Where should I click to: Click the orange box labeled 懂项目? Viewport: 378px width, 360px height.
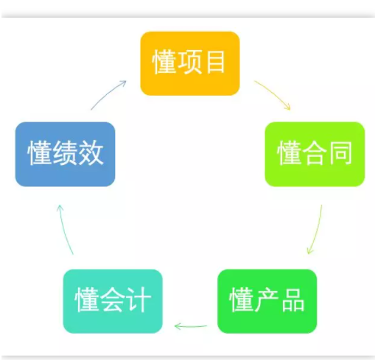pyautogui.click(x=190, y=63)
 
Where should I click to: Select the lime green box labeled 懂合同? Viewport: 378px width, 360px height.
pyautogui.click(x=315, y=154)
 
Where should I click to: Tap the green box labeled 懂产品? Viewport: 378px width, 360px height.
pyautogui.click(x=267, y=301)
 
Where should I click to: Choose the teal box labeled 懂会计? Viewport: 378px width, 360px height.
pyautogui.click(x=113, y=301)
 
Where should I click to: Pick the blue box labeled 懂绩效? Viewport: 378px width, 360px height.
pyautogui.click(x=65, y=154)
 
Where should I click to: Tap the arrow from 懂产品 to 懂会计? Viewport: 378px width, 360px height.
pyautogui.click(x=190, y=327)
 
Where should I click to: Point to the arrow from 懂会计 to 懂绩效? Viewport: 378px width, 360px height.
pyautogui.click(x=63, y=230)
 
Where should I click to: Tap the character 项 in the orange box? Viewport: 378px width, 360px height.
pyautogui.click(x=190, y=62)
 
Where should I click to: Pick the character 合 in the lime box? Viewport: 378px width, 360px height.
pyautogui.click(x=315, y=152)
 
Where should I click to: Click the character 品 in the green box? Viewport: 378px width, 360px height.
pyautogui.click(x=293, y=300)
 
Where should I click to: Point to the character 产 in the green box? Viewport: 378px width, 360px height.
pyautogui.click(x=267, y=300)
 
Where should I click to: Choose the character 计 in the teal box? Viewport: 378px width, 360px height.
pyautogui.click(x=139, y=300)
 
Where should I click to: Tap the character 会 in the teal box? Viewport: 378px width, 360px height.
pyautogui.click(x=113, y=300)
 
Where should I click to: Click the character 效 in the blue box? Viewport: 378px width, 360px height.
pyautogui.click(x=91, y=152)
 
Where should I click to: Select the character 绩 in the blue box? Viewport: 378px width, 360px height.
pyautogui.click(x=66, y=152)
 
